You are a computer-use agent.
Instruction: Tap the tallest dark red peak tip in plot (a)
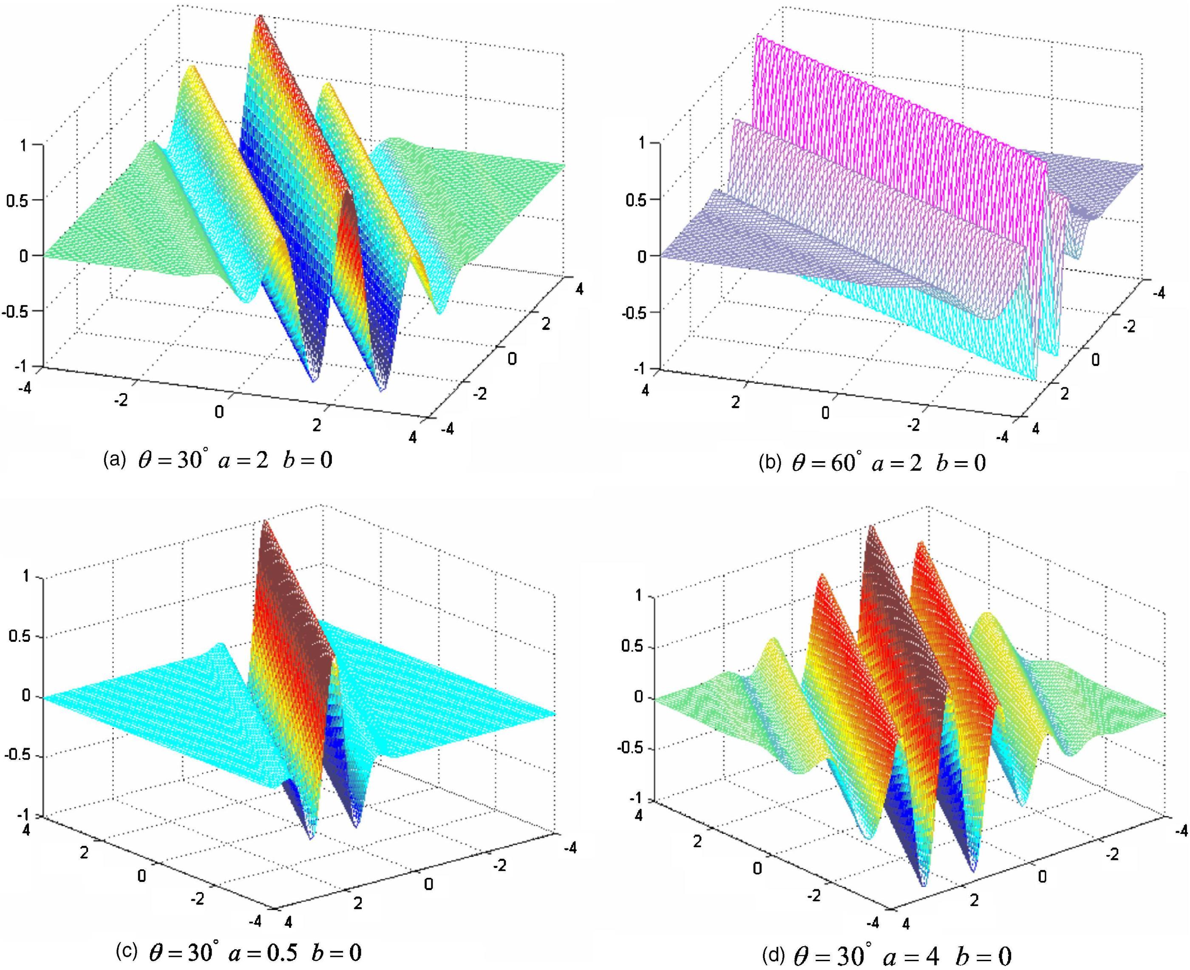[x=259, y=17]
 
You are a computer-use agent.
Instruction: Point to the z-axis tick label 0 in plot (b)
[x=641, y=256]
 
